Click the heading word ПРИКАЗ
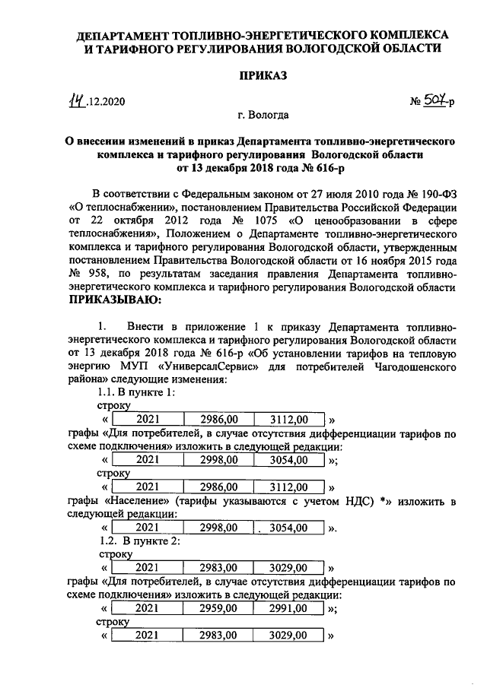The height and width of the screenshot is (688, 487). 263,76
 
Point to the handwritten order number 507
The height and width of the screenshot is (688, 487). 435,100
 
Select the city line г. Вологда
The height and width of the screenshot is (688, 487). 263,116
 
